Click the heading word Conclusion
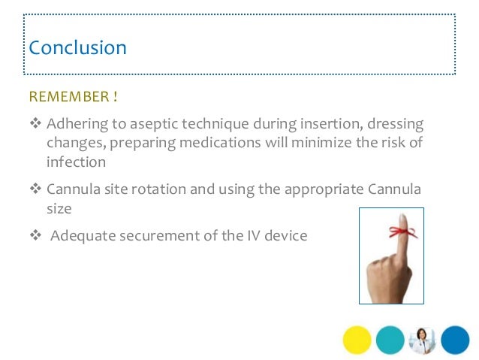pos(77,48)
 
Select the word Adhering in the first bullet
pos(75,123)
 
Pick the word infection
pos(76,162)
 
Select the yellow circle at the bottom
pos(357,339)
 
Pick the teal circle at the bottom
pos(390,339)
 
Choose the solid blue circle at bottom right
pos(455,339)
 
